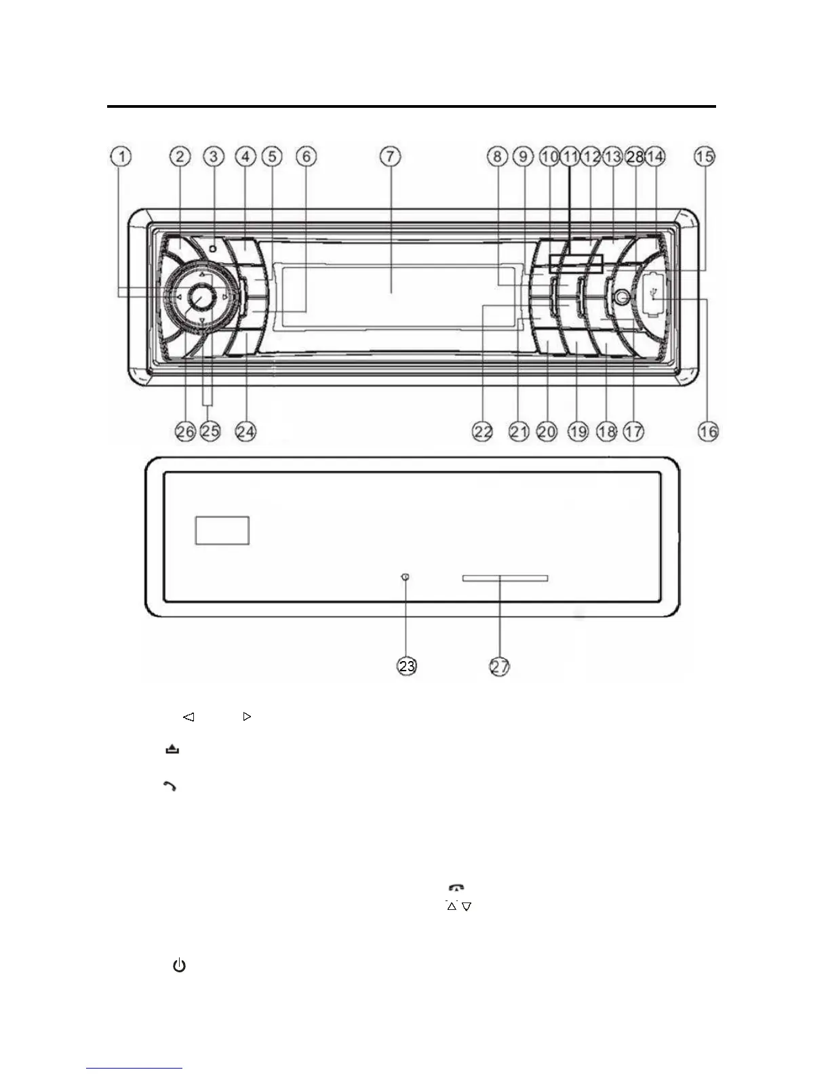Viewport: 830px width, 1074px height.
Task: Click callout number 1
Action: tap(121, 157)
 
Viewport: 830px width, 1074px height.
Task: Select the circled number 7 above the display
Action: tap(390, 157)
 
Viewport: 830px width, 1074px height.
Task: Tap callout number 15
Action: tap(705, 157)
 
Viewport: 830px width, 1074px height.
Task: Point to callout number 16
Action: tap(708, 431)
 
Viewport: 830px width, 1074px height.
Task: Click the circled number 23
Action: tap(406, 667)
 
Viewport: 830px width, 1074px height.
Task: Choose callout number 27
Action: tap(500, 667)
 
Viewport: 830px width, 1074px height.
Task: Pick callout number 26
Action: tap(185, 431)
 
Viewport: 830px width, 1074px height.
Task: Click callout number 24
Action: tap(245, 431)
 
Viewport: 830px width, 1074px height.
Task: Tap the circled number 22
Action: tap(483, 431)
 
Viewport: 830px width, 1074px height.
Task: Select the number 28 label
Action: tap(635, 157)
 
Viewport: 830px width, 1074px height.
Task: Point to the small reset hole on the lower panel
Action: tap(406, 577)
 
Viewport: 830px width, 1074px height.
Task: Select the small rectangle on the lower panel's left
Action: tap(222, 530)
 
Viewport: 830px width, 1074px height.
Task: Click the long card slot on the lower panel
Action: tap(505, 578)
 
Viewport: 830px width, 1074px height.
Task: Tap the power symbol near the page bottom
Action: tap(179, 966)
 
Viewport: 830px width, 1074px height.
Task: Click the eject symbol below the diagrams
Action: tap(172, 749)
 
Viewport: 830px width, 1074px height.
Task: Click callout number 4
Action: tap(245, 157)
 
